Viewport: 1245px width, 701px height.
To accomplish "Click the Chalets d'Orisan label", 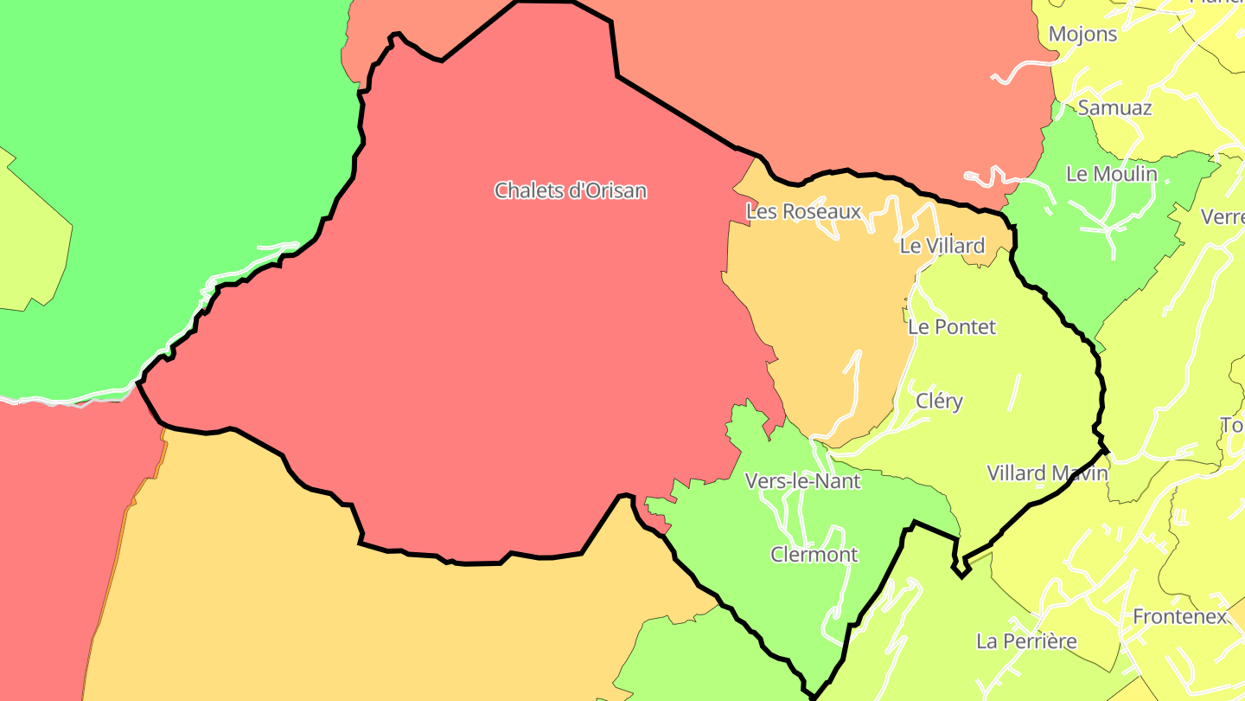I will (571, 190).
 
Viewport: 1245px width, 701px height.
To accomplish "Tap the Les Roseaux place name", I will (803, 211).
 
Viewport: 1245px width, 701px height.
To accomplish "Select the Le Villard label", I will (942, 246).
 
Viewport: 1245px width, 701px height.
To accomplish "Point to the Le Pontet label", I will (952, 327).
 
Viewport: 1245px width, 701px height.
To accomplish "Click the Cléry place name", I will (939, 402).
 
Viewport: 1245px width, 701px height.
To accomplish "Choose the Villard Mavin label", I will (1047, 473).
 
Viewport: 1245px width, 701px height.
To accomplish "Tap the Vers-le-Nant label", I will (802, 481).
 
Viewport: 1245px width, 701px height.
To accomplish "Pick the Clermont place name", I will (814, 555).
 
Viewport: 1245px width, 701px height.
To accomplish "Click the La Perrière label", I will (1026, 641).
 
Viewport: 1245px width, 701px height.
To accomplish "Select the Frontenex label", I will (1179, 617).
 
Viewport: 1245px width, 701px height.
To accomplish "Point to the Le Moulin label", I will (1112, 174).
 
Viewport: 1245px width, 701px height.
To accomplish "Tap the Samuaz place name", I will (1114, 108).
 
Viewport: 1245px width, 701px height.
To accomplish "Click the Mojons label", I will (1082, 35).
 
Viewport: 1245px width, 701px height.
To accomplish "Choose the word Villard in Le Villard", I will (954, 246).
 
